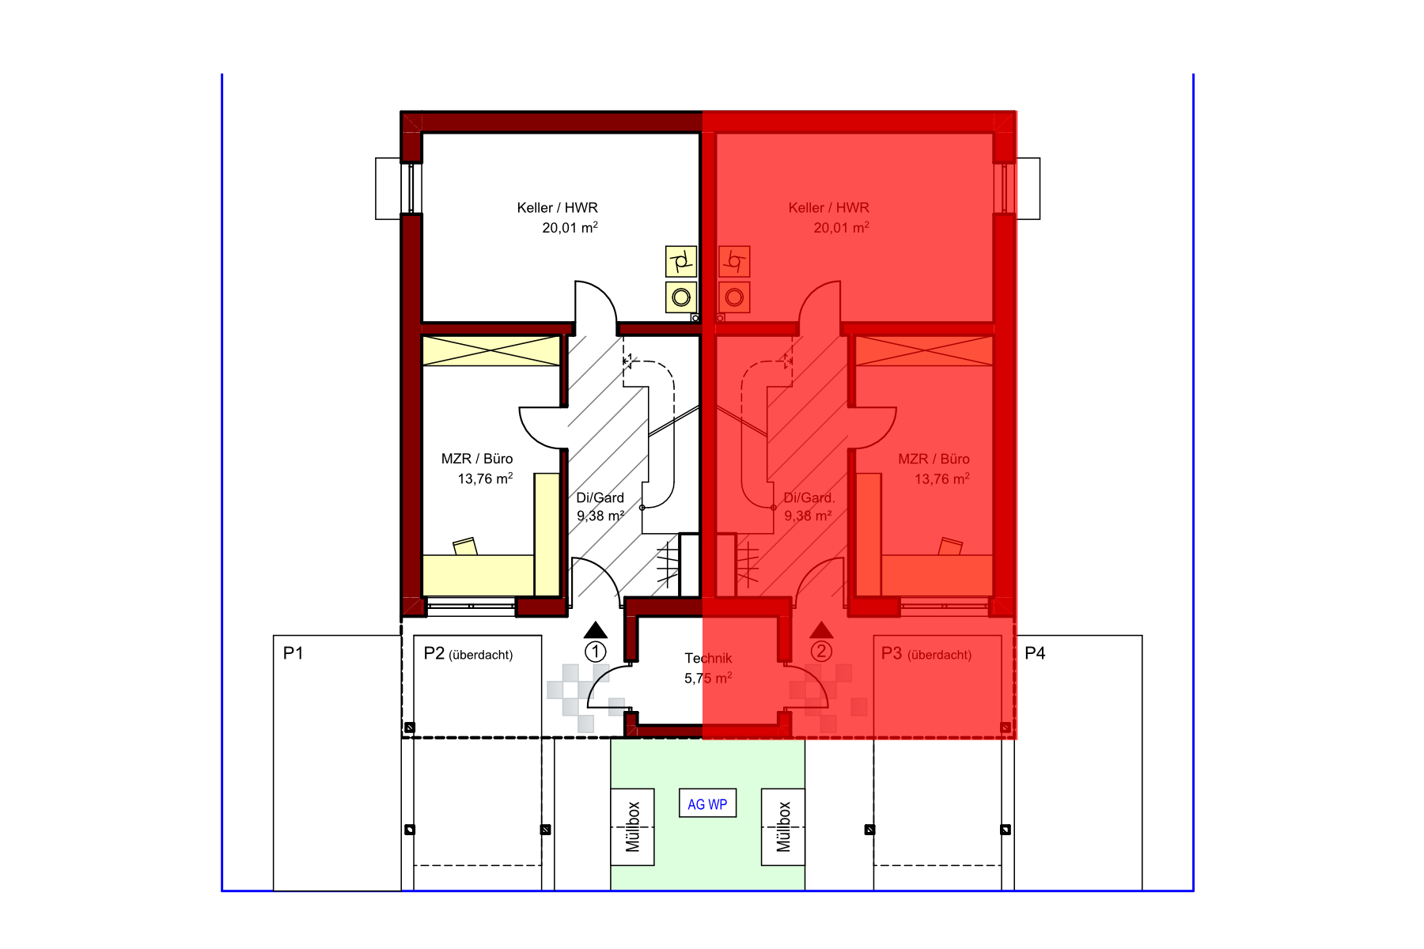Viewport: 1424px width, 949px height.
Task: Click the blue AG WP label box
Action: [x=707, y=803]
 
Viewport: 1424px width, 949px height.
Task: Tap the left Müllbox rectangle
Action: [x=632, y=826]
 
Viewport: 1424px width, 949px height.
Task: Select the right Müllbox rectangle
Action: [x=783, y=826]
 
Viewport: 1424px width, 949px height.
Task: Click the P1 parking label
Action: [x=294, y=653]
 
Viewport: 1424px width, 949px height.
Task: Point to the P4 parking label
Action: [x=1035, y=653]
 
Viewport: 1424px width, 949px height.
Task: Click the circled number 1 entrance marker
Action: [x=596, y=652]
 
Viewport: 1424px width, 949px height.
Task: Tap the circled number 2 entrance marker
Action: [x=821, y=652]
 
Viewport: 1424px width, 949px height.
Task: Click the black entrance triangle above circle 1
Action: [x=596, y=630]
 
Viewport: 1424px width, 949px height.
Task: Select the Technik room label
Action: [x=708, y=658]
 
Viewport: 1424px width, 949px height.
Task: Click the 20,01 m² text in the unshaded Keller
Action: [x=570, y=228]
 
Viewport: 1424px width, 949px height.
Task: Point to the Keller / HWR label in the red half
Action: [x=828, y=208]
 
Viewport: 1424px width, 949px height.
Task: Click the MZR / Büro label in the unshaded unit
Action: [x=477, y=459]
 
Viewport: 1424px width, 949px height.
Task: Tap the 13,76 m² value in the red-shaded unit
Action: [x=942, y=478]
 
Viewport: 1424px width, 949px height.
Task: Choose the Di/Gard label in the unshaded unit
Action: [x=600, y=497]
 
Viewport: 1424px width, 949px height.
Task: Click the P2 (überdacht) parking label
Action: [x=468, y=654]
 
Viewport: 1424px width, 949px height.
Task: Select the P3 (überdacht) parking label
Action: [x=926, y=654]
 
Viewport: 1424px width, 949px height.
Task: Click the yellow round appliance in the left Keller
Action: [x=681, y=297]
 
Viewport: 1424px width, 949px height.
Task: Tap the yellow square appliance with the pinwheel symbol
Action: [x=681, y=261]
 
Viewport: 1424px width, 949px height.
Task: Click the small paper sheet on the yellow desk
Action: [x=465, y=546]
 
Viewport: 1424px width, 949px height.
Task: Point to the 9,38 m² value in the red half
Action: [x=808, y=516]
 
